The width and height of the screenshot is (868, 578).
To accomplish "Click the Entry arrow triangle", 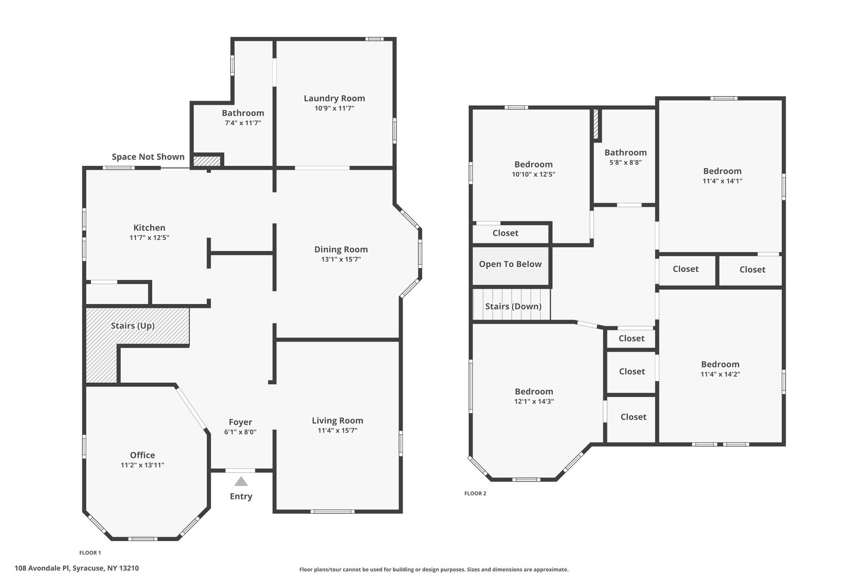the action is pos(241,482).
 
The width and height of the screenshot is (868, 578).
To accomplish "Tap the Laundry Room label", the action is pos(334,98).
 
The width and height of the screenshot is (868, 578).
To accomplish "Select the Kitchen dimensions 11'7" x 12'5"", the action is pos(149,238).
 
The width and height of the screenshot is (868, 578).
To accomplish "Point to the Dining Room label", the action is pos(341,250).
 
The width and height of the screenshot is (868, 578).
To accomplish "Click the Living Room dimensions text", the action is pos(338,430).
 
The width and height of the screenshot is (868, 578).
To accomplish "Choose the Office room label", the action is pos(142,455).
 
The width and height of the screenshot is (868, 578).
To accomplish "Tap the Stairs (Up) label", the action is pos(133,325).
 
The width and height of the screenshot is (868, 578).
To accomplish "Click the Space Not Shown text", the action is pos(148,157).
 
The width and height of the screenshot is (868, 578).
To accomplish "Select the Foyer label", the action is pos(240,422).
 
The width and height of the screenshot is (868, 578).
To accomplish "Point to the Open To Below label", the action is pos(510,264).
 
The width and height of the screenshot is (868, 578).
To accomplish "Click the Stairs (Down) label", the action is pos(513,306).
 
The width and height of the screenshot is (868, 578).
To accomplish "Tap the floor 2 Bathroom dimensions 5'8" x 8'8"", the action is pos(625,163).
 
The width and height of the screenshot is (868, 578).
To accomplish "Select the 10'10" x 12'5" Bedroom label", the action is pos(533,164).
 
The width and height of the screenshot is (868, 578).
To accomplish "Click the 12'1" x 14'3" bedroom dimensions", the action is pos(534,401).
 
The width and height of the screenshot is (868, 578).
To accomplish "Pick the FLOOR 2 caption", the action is pos(475,493).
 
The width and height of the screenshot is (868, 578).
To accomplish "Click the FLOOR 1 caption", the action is pos(90,553).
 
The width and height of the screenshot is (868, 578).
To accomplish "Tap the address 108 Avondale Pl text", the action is pos(43,568).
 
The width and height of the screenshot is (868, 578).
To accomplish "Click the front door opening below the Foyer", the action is pos(240,471).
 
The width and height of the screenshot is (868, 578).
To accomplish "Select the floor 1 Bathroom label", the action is pos(243,113).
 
